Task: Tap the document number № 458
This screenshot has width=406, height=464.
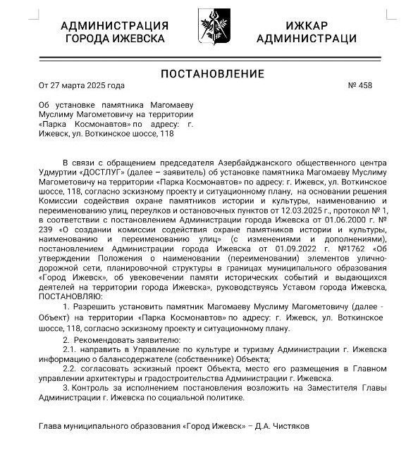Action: [360, 86]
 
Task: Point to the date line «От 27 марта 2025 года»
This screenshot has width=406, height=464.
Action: [82, 86]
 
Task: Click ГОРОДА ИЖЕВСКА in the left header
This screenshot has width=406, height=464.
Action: [115, 39]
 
